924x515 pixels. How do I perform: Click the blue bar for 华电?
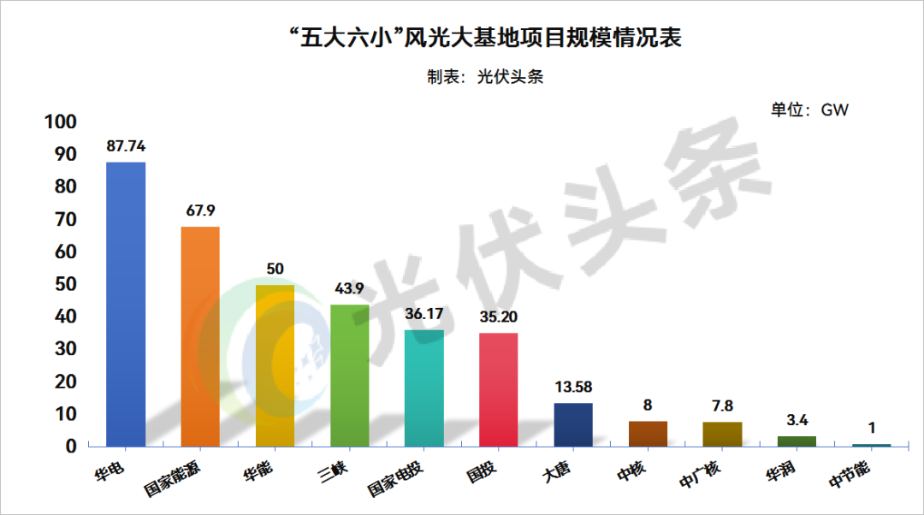(126, 304)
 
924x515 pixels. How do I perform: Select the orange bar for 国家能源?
(200, 336)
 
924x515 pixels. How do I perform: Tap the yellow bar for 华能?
(275, 365)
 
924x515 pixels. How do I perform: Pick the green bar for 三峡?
(349, 376)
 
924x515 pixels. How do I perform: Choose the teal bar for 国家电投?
(423, 388)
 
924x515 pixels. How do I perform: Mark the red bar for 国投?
(498, 389)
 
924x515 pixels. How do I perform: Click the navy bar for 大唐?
(573, 424)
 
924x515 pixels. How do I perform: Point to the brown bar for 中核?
(648, 434)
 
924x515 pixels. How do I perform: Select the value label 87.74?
(126, 146)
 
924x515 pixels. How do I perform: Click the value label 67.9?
(200, 210)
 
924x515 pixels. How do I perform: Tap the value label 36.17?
(423, 314)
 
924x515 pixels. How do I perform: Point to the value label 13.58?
(573, 387)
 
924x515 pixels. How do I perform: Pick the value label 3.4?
(797, 420)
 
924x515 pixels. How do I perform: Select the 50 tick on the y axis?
(67, 284)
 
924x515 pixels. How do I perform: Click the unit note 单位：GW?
(808, 110)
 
